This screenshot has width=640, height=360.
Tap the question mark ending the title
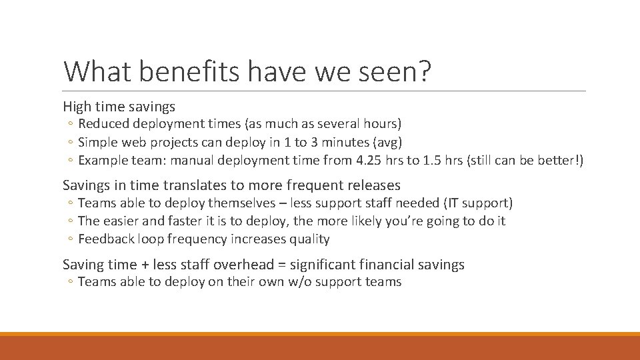423,71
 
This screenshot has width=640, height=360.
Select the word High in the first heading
75,106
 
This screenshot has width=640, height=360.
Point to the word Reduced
103,124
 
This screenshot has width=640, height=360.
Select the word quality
311,239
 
